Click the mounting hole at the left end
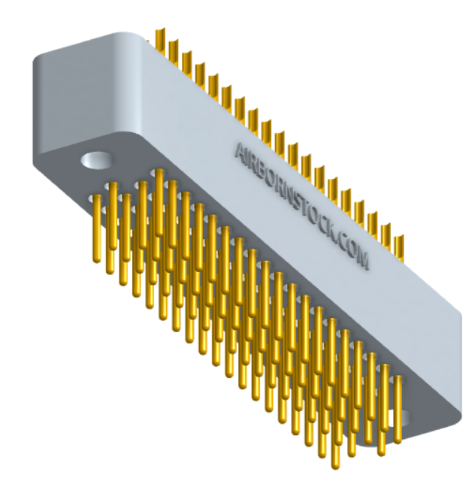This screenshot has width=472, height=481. click(x=98, y=159)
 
